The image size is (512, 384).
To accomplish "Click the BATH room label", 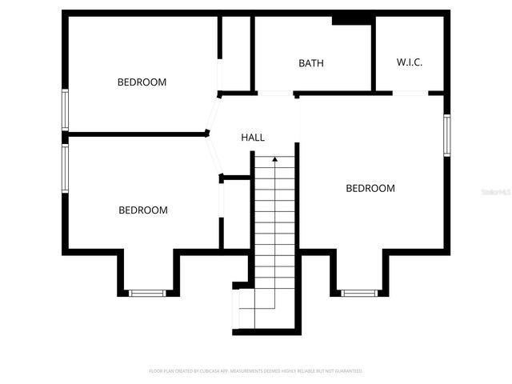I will click(x=311, y=63).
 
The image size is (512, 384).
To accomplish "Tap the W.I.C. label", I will click(x=410, y=62).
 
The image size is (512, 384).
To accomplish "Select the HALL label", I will click(x=253, y=138).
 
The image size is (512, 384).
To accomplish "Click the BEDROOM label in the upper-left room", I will click(x=142, y=82).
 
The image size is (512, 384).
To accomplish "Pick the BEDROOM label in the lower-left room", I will click(x=143, y=210).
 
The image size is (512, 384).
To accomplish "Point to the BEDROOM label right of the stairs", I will click(x=370, y=189).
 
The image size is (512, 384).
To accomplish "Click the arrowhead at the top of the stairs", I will click(x=275, y=159).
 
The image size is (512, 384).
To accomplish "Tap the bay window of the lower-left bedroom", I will click(x=148, y=293).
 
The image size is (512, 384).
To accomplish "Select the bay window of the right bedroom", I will click(x=359, y=293).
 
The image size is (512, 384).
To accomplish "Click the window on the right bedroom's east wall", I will click(x=446, y=136).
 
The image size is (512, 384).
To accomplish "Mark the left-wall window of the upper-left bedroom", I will click(x=66, y=110).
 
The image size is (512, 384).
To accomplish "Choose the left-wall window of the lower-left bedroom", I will click(x=66, y=168).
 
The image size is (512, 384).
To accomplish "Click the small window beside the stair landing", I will click(x=236, y=309).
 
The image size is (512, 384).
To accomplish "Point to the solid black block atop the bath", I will click(x=350, y=20).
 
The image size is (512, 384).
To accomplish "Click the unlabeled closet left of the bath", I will click(x=236, y=52).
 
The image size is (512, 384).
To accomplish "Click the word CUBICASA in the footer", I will click(x=215, y=371).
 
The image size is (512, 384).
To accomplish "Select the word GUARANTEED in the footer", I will click(x=350, y=371).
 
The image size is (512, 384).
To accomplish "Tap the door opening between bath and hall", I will click(x=275, y=94).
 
